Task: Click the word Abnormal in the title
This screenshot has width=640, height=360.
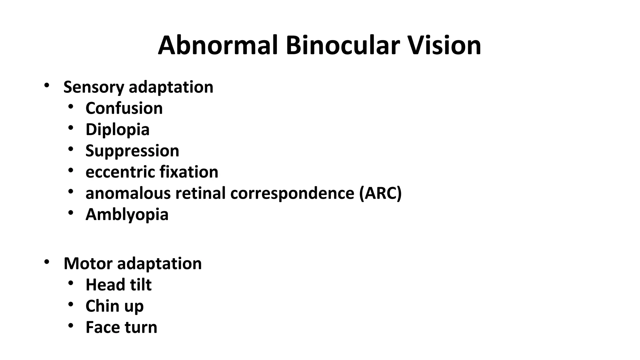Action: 218,46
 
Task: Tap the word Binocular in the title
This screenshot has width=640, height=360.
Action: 342,46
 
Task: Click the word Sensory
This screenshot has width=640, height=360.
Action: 94,87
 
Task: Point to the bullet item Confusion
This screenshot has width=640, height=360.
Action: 124,108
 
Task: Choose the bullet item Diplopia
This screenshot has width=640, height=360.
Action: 117,130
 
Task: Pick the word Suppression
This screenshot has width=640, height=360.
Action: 132,151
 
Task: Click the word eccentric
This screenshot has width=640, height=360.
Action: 120,172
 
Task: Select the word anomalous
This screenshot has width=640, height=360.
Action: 128,193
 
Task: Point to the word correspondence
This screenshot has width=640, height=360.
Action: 292,193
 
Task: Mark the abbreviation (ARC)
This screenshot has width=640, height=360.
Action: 380,193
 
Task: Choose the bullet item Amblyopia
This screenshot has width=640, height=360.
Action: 127,215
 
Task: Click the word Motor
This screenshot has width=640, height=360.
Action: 88,263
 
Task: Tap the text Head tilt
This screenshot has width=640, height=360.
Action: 118,285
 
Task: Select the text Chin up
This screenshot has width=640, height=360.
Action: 114,306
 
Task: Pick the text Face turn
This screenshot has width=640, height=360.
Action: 121,327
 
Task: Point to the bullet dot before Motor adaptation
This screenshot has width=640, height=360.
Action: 47,262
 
